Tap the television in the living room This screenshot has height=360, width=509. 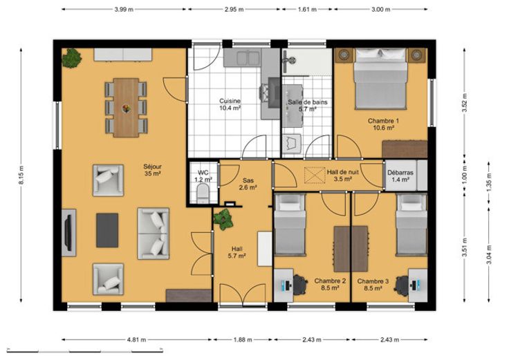pos(68,233)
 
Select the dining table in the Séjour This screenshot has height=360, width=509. pos(126,108)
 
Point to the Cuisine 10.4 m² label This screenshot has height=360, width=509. pos(230,104)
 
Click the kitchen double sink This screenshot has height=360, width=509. pos(248,58)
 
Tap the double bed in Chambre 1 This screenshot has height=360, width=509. pos(380,79)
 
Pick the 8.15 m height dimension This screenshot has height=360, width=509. pos(21,175)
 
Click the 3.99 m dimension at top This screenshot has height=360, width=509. pos(124,10)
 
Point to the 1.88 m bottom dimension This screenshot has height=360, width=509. pos(243,339)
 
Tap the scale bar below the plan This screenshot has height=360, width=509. pos(85,350)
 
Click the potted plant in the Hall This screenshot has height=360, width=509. pos(223,219)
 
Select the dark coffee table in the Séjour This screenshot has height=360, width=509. pos(107,230)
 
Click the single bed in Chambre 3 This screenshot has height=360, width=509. pos(411,225)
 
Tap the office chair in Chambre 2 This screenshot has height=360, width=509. pos(300,285)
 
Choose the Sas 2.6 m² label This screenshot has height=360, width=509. pos(248,184)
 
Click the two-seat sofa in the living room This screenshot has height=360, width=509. pos(154,234)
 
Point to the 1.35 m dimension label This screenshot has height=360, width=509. pos(489,182)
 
